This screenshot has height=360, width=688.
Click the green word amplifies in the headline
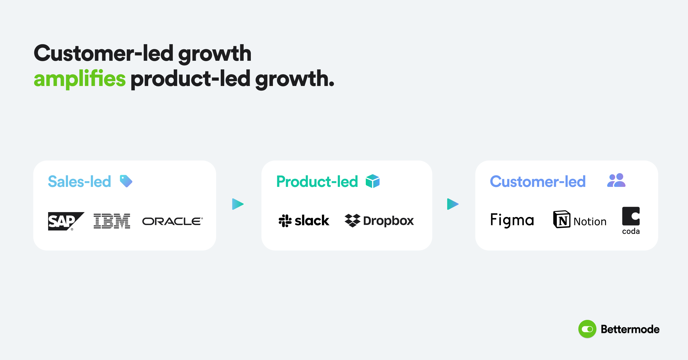(80, 79)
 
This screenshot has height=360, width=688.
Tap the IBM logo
(112, 221)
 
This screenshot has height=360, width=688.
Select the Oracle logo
(172, 221)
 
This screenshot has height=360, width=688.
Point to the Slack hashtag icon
(285, 221)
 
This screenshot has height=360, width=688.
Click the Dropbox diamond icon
(352, 220)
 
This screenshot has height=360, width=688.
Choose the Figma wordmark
(512, 220)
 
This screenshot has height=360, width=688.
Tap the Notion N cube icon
(562, 220)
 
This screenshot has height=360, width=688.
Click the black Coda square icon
(631, 216)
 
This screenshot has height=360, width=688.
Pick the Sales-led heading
(79, 181)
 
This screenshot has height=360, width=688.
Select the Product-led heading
(317, 181)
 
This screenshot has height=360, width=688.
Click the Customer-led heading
(537, 181)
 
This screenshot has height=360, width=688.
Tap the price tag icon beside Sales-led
(126, 181)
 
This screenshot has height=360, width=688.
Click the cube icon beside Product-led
(372, 181)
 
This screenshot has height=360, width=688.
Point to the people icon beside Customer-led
(616, 180)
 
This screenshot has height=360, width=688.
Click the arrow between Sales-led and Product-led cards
(237, 204)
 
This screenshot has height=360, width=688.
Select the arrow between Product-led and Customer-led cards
(452, 204)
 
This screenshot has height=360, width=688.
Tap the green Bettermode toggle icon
(587, 329)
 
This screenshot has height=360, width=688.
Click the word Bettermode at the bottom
(630, 329)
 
